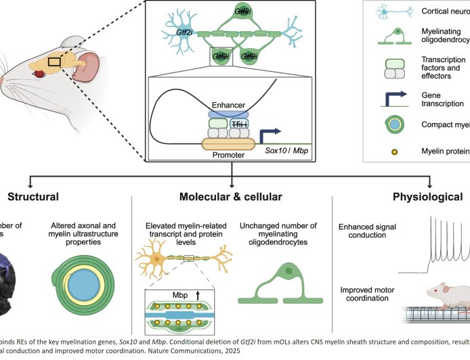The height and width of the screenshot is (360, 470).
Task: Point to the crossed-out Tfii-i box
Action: [x=239, y=125]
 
